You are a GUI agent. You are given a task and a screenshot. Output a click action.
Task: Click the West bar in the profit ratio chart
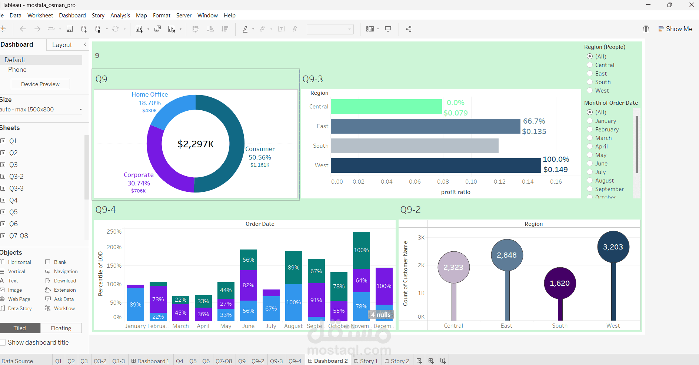(x=435, y=165)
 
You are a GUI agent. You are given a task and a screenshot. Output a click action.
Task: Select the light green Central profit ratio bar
(x=386, y=107)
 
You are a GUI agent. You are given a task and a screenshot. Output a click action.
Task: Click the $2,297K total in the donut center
(x=196, y=144)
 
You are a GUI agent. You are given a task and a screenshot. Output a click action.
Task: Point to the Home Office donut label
(x=150, y=95)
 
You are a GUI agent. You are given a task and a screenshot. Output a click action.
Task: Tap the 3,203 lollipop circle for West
(x=613, y=247)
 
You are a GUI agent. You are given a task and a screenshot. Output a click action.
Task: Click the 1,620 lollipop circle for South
(x=560, y=283)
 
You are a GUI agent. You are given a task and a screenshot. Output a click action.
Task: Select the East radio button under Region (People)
(x=590, y=74)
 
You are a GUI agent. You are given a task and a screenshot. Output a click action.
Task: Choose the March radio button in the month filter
(x=590, y=138)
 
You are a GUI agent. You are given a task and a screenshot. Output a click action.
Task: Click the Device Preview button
(x=40, y=84)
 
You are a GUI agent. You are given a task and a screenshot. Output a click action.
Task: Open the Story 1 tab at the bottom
(x=366, y=361)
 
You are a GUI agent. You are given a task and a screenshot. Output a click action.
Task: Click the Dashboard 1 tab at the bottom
(x=150, y=361)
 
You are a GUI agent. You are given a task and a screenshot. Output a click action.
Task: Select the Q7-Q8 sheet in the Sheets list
(x=19, y=236)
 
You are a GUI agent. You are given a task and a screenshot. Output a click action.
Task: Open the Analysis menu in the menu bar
(x=120, y=16)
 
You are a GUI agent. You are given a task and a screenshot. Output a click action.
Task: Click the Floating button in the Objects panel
(x=61, y=328)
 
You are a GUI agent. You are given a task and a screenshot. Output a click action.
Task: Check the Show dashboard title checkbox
(x=3, y=342)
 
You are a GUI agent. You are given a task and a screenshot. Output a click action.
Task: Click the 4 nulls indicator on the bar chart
(x=380, y=315)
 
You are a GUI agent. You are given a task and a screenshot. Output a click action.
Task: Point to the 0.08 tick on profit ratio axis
(x=443, y=182)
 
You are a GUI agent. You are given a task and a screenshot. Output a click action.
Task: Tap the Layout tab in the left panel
(x=62, y=45)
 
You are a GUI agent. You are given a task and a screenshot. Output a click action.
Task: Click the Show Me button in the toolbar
(x=675, y=29)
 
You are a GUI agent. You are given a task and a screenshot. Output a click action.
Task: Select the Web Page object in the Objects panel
(x=19, y=299)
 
